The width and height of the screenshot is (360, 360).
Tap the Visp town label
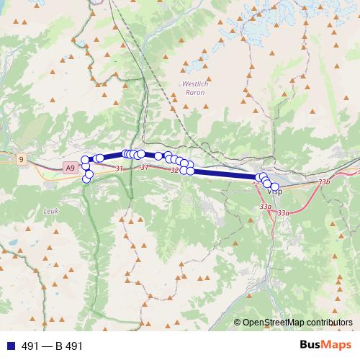pos(275,193)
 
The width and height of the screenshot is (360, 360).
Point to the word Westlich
pos(194,84)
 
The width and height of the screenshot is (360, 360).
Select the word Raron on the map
pos(194,93)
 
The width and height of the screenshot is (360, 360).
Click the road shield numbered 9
pos(22,158)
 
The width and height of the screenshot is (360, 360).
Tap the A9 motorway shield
pos(69,168)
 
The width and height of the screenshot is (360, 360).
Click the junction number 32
pos(174,171)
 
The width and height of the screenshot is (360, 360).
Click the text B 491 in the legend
pos(68,346)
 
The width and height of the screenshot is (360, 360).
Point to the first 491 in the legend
pos(31,346)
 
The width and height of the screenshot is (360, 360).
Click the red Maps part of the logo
pos(338,345)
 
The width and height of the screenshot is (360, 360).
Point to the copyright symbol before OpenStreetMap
pos(237,322)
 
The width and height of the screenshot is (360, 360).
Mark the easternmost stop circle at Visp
pos(274,186)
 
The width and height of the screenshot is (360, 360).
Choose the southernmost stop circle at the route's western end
pos(87,179)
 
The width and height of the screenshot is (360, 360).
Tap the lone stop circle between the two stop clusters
pos(158,156)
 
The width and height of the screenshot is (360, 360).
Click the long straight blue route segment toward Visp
pos(223,174)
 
